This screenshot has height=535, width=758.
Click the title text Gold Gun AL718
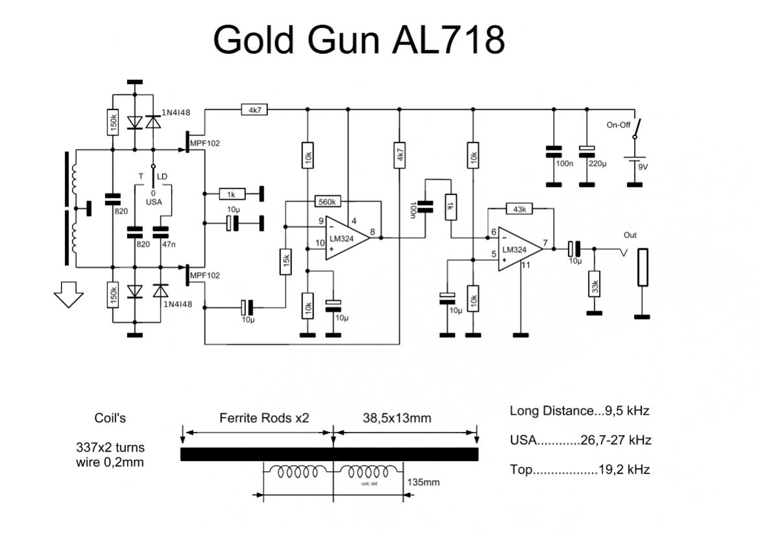point(358,40)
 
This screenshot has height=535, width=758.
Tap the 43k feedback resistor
point(519,209)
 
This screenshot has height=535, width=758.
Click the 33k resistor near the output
point(594,283)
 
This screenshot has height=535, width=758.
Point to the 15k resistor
point(285,262)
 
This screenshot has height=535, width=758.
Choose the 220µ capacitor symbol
point(587,150)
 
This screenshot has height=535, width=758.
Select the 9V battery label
point(642,167)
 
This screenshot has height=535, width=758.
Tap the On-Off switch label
point(618,125)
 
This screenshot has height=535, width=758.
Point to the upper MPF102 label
point(205,143)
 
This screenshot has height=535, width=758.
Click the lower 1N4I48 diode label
point(177,304)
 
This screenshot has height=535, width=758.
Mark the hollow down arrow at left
point(67,298)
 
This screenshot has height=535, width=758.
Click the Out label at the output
point(630,235)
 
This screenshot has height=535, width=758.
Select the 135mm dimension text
point(423,482)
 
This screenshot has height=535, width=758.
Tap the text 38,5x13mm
point(396,418)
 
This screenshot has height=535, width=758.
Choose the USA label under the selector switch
point(154,202)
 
